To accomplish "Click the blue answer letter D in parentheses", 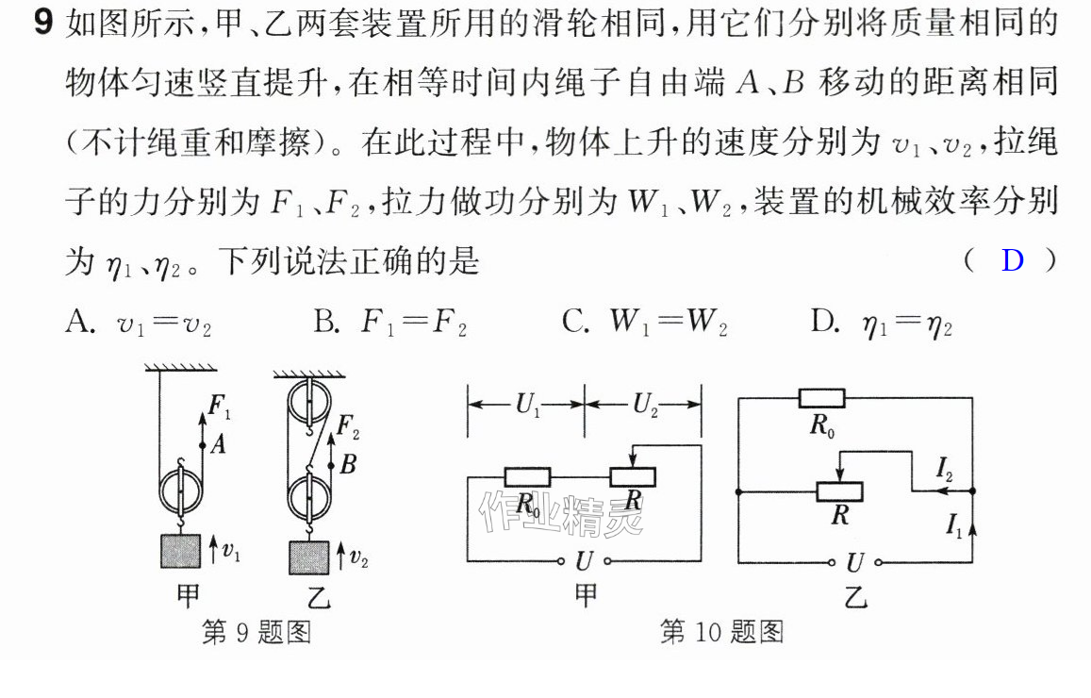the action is coord(1013,260).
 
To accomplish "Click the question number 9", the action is coord(43,23).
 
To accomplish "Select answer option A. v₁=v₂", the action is coord(138,323).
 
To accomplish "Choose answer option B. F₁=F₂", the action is coord(390,323).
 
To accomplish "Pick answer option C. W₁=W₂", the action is coord(645,323).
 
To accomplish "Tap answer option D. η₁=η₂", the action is coord(882,324).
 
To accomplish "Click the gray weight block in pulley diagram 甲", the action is coord(181,551).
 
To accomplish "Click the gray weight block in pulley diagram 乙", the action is coord(309,557).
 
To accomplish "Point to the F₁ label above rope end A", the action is coord(219,407).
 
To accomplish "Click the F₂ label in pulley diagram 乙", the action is coord(348,426).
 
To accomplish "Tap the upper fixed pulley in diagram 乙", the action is coord(309,403).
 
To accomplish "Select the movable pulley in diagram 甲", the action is coord(181,490).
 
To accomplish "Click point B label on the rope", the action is coord(349,463).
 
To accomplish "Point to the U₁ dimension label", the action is coord(528,405).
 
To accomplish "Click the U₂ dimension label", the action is coord(646,405).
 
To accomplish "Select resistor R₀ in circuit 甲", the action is coord(527,477).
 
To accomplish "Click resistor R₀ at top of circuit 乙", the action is coord(821,399).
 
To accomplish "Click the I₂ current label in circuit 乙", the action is coord(944,470).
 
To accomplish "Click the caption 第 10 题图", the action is coord(721,632).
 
